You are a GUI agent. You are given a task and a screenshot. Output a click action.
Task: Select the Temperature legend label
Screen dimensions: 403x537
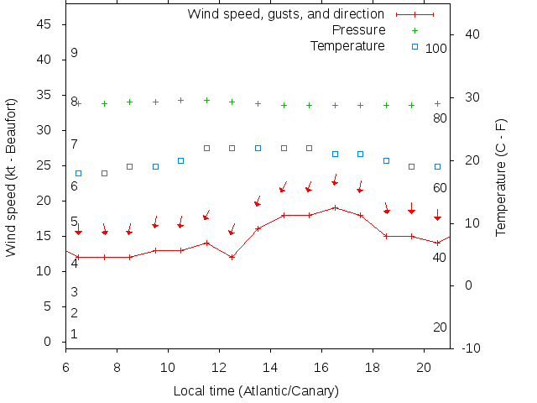point(347,45)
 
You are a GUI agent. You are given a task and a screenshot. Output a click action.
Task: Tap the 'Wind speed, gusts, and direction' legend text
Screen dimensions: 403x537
point(285,14)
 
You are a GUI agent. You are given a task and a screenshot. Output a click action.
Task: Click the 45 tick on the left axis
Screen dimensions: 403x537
point(45,24)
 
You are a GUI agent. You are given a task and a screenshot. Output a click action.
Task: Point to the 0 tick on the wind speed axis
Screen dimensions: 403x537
point(49,342)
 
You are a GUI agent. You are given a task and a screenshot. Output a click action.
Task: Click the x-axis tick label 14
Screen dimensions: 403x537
point(270,366)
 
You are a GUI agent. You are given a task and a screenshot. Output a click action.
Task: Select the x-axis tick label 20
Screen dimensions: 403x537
point(424,366)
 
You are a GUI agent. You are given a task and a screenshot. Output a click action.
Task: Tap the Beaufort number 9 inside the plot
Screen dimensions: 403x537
point(74,53)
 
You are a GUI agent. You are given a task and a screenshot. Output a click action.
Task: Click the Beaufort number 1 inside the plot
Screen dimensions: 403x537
point(74,334)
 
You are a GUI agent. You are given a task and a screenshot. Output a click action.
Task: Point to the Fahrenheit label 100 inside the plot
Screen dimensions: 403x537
point(436,49)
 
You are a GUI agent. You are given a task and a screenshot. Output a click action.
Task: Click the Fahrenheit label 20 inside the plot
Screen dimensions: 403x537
point(440,327)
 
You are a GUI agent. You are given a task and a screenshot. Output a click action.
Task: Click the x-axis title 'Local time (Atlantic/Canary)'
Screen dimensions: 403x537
point(256,390)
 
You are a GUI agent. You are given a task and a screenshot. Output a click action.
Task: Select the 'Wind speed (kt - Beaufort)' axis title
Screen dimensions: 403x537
point(12,176)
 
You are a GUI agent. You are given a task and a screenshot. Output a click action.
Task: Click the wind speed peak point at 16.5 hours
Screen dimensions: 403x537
point(335,207)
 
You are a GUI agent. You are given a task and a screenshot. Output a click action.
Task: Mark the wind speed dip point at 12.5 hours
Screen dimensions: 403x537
point(232,257)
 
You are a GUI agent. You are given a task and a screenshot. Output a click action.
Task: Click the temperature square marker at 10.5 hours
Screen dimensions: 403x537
point(180,160)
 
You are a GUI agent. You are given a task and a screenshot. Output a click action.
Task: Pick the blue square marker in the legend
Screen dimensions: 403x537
point(414,46)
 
